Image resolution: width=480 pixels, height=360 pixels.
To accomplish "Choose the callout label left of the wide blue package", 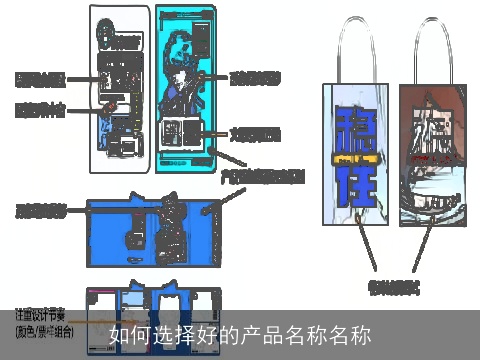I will pyautogui.click(x=41, y=211).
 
